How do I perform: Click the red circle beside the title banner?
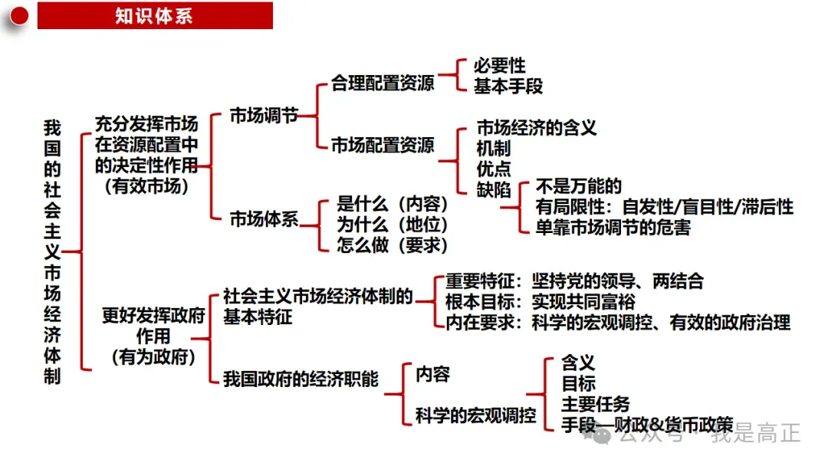[19, 16]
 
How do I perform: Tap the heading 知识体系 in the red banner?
[154, 16]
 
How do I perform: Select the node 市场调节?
[264, 115]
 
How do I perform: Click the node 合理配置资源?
[383, 83]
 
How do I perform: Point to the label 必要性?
[500, 65]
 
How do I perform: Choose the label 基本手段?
[508, 86]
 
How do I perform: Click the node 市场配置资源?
[383, 145]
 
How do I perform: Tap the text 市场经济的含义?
[537, 127]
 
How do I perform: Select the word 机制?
[494, 148]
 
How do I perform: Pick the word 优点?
[494, 169]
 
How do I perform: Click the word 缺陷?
[494, 189]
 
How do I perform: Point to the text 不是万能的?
[579, 185]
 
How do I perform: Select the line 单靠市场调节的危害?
[613, 228]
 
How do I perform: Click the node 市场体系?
[264, 218]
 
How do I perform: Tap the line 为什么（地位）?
[393, 225]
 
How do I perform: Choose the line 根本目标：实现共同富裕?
[540, 301]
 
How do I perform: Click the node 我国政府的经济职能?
[301, 379]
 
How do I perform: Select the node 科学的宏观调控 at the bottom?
[476, 415]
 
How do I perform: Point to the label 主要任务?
[596, 404]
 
